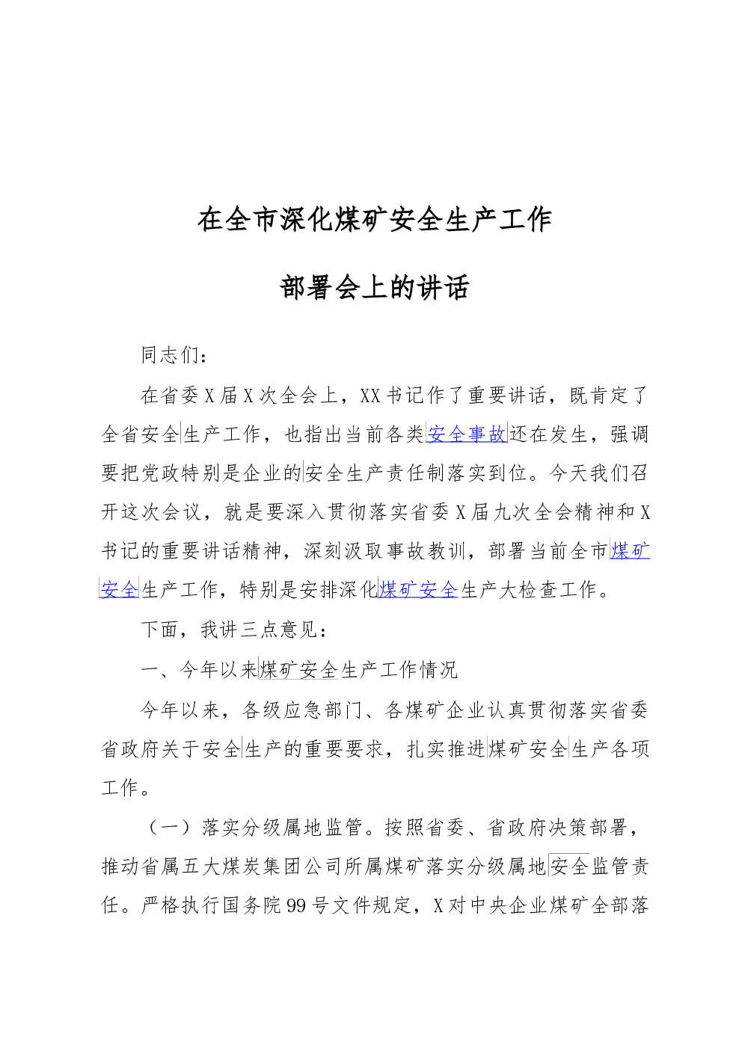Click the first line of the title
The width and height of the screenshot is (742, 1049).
[375, 220]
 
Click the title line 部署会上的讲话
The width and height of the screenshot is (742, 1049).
[374, 287]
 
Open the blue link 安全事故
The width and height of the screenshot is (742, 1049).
[467, 434]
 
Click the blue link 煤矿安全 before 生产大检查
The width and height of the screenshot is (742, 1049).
[418, 589]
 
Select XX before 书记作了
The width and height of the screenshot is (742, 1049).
[370, 396]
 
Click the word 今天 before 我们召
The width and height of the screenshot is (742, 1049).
[569, 473]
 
